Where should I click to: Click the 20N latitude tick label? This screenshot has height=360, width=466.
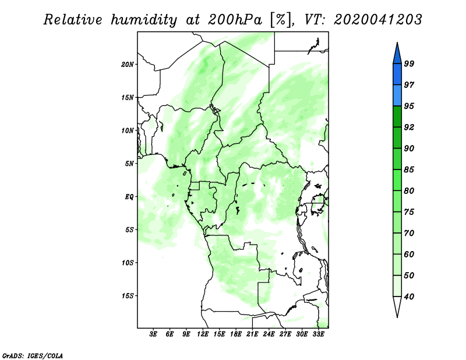[128, 65]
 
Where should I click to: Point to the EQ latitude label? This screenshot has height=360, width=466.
[129, 197]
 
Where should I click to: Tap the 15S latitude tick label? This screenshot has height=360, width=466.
[128, 296]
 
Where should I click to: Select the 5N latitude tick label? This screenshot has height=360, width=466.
[129, 164]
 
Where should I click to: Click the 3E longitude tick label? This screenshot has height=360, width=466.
[153, 334]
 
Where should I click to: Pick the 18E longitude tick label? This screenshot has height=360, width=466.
[236, 334]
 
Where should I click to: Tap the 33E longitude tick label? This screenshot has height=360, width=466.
[318, 334]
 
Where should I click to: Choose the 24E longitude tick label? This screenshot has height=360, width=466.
[269, 334]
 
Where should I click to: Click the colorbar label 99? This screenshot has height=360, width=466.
[409, 63]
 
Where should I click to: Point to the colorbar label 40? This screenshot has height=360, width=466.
[409, 297]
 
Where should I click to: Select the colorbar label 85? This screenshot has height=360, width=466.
[409, 170]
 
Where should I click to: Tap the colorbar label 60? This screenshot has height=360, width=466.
[409, 254]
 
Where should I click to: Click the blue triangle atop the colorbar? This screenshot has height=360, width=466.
[397, 55]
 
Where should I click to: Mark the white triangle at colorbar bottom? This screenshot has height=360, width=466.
[397, 305]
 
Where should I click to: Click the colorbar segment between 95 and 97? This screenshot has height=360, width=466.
[397, 96]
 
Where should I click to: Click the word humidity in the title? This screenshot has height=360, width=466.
[144, 20]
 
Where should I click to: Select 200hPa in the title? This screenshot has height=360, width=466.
[235, 20]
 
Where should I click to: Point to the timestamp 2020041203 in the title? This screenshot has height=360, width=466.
[377, 20]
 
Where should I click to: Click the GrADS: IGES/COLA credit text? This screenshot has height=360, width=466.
[33, 356]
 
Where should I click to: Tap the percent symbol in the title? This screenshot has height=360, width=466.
[280, 20]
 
